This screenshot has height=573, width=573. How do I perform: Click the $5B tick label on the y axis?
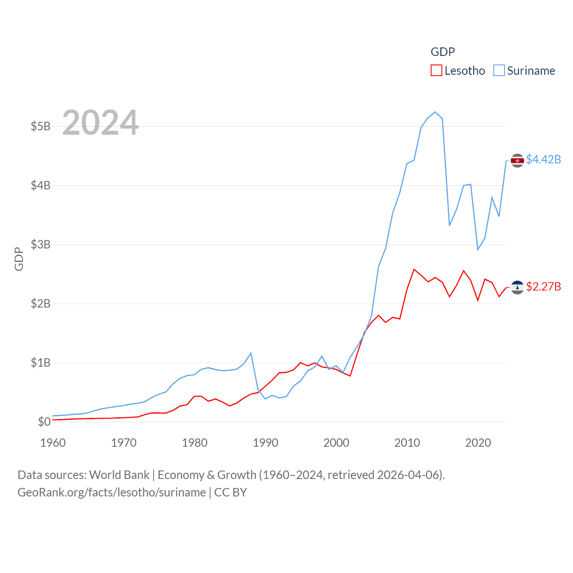(40, 126)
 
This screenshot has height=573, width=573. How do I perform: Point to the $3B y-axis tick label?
(40, 244)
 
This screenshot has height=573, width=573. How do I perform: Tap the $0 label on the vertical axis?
(44, 422)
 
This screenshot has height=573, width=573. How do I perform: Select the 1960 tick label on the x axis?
(53, 443)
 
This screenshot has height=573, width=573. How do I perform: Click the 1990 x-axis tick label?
(265, 443)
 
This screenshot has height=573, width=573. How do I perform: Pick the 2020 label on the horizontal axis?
(478, 443)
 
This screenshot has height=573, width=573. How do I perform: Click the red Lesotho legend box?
(436, 71)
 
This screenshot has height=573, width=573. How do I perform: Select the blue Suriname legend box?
(499, 71)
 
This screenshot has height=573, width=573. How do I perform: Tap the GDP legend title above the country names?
(443, 52)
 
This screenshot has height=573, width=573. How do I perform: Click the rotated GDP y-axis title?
(19, 259)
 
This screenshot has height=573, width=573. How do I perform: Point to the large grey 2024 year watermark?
(100, 123)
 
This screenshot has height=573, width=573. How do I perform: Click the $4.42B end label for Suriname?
(543, 159)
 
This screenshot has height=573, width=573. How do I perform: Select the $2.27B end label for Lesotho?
(543, 286)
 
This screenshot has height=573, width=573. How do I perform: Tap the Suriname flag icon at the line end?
(517, 160)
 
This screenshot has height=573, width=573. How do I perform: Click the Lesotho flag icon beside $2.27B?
(517, 287)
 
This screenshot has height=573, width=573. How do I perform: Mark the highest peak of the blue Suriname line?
(435, 112)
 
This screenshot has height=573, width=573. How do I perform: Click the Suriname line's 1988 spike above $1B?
(251, 353)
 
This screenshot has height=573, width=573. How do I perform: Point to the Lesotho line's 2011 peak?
(414, 269)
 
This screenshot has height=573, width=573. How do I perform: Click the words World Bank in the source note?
(119, 475)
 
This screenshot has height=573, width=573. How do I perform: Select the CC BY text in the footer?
(231, 492)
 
